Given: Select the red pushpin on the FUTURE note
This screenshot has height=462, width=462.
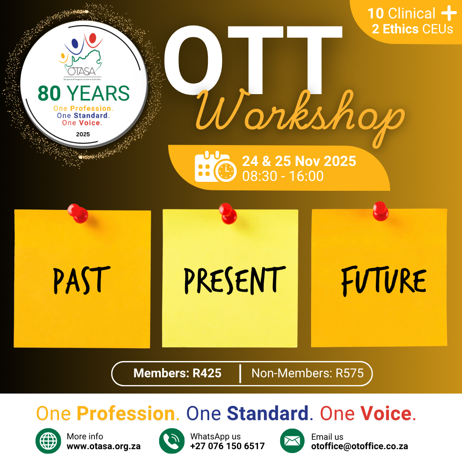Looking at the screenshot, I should pyautogui.click(x=379, y=211).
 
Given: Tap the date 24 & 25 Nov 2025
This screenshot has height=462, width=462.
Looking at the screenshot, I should pyautogui.click(x=299, y=161).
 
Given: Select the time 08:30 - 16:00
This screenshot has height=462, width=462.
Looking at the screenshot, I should pyautogui.click(x=283, y=176).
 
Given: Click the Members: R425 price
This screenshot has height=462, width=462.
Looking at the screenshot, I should pyautogui.click(x=178, y=373).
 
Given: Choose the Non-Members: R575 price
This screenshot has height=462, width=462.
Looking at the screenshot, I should pyautogui.click(x=307, y=373).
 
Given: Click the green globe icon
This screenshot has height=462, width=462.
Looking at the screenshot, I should pyautogui.click(x=48, y=441).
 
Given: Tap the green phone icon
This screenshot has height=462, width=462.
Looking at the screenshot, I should pyautogui.click(x=172, y=441).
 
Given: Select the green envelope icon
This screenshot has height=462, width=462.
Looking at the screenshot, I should pyautogui.click(x=293, y=441).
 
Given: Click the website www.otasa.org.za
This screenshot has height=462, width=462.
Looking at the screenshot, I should pyautogui.click(x=104, y=446).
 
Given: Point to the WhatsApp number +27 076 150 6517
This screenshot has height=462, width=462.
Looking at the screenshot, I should pyautogui.click(x=227, y=446).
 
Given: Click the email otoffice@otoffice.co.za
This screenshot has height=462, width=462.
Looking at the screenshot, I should pyautogui.click(x=359, y=446).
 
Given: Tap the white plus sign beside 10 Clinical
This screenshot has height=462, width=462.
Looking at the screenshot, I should pyautogui.click(x=449, y=13).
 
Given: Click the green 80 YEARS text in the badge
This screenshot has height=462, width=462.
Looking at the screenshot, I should pyautogui.click(x=83, y=93).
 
